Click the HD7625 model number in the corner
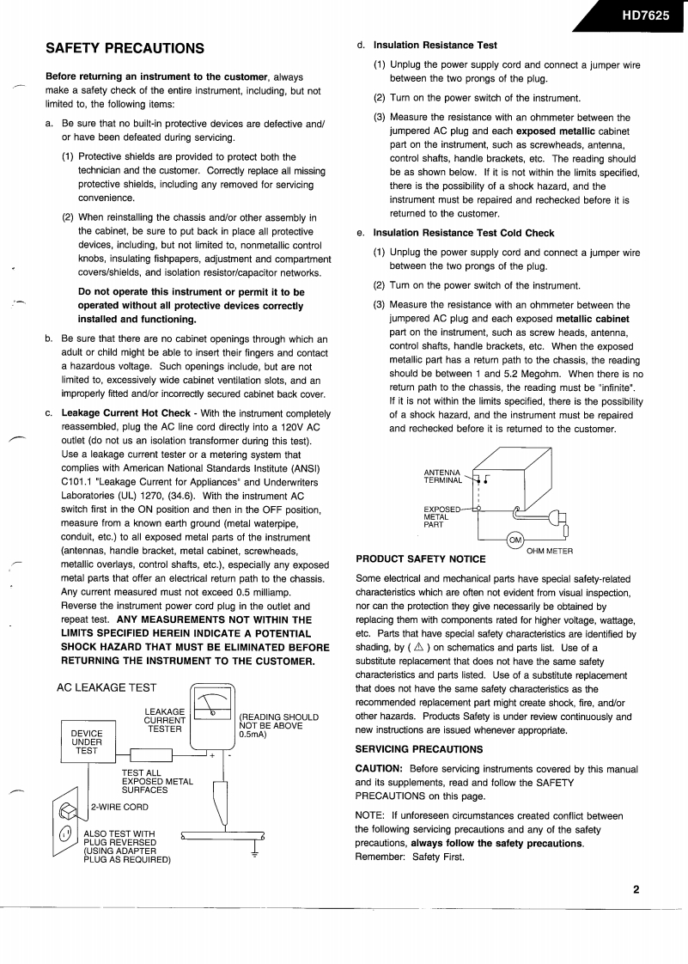point(645,16)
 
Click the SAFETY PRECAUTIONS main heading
point(125,48)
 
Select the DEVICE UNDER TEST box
point(87,742)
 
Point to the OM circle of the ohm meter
point(515,540)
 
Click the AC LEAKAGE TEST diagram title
point(107,687)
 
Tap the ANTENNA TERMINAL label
point(443,476)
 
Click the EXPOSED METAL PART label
point(437,517)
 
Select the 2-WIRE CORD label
point(119,807)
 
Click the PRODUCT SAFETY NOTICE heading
point(421,559)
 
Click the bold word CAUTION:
point(379,768)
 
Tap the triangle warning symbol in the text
point(418,648)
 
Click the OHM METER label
point(550,551)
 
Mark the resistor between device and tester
point(151,755)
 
